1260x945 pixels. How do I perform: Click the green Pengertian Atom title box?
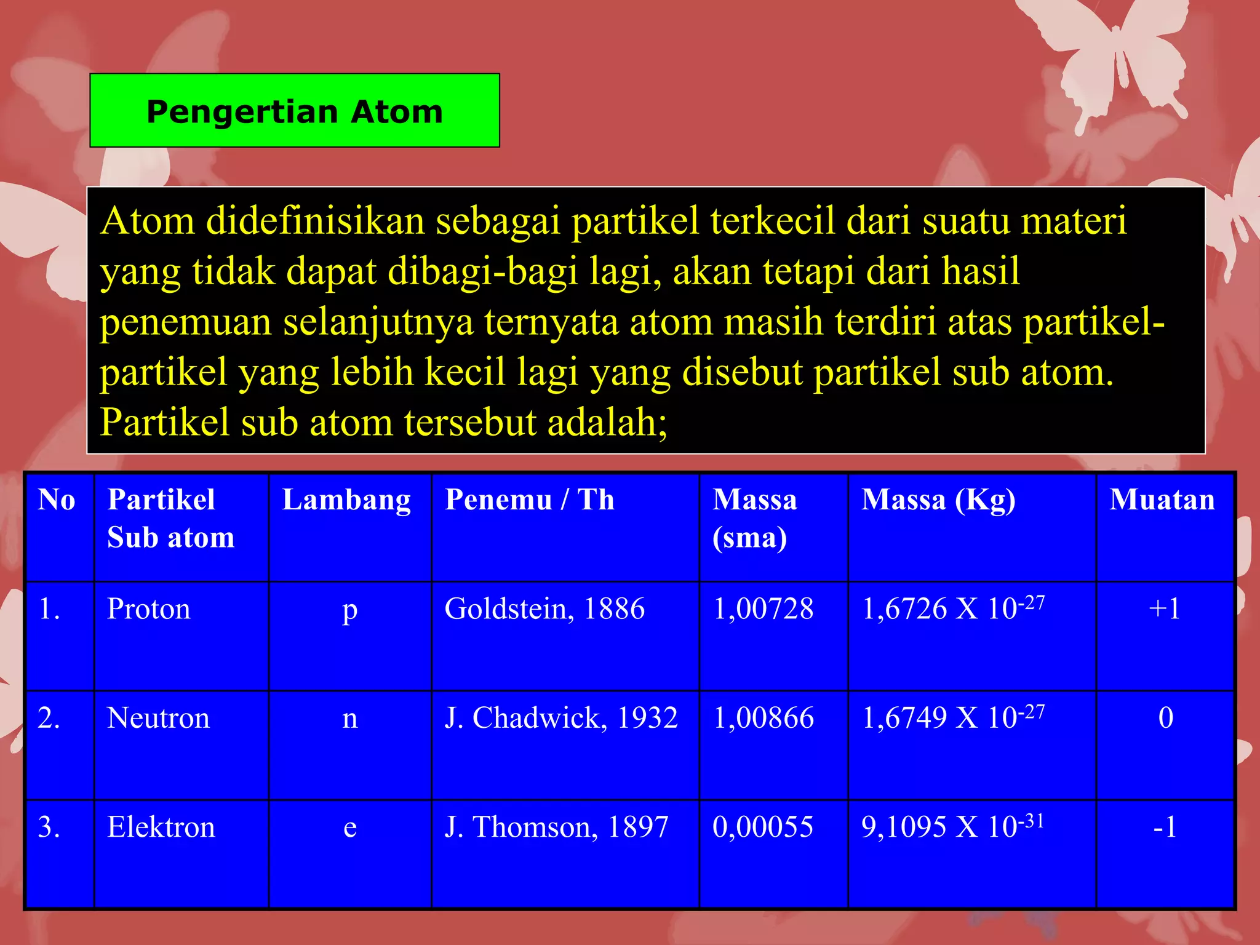pyautogui.click(x=294, y=111)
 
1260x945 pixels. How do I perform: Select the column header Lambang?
pyautogui.click(x=346, y=500)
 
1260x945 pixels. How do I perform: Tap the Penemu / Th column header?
pyautogui.click(x=529, y=500)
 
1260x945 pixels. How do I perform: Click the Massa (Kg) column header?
pyautogui.click(x=938, y=500)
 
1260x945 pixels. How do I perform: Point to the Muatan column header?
pyautogui.click(x=1162, y=500)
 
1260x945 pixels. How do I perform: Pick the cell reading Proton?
pyautogui.click(x=149, y=609)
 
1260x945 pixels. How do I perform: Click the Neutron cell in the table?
pyautogui.click(x=158, y=718)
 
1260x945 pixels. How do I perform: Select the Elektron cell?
pyautogui.click(x=161, y=827)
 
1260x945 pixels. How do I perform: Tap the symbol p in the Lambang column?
pyautogui.click(x=349, y=610)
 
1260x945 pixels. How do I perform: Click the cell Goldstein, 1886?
pyautogui.click(x=544, y=609)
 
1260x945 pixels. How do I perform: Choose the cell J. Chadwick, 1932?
pyautogui.click(x=561, y=718)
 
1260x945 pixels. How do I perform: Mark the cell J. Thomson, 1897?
pyautogui.click(x=556, y=827)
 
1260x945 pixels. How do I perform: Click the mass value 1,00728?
pyautogui.click(x=763, y=609)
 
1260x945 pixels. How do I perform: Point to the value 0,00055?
pyautogui.click(x=763, y=827)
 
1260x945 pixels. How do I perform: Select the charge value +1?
pyautogui.click(x=1165, y=609)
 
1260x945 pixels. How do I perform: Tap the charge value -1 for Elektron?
pyautogui.click(x=1165, y=827)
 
